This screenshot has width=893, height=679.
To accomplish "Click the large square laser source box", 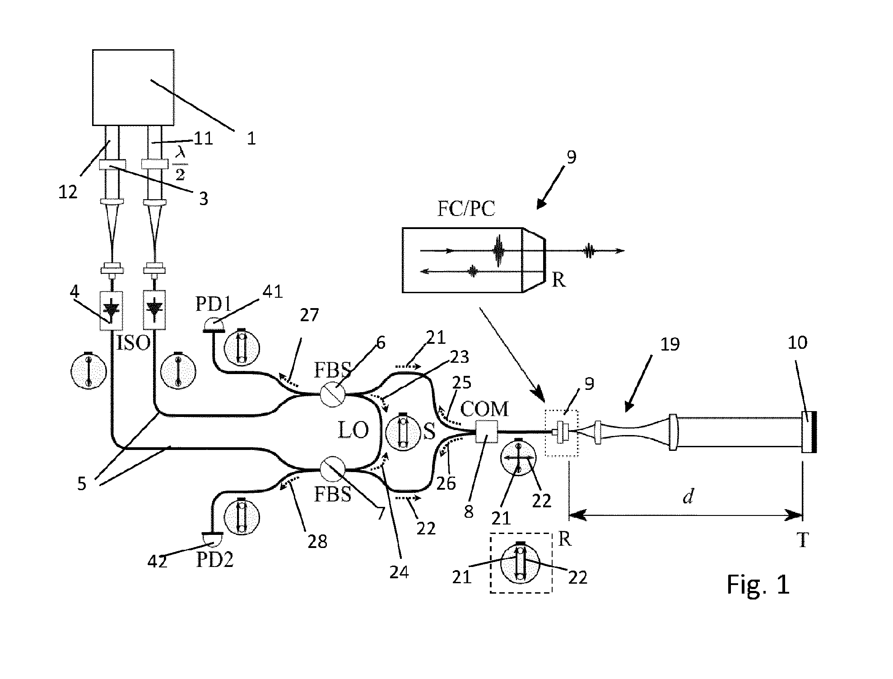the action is [x=133, y=87].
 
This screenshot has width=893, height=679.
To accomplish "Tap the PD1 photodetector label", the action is [x=213, y=304].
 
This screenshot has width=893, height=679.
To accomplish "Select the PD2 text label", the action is [x=214, y=560].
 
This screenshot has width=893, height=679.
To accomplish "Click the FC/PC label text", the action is [x=466, y=209].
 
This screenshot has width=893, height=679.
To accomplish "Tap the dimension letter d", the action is [x=688, y=497].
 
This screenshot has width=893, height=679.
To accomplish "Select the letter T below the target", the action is [x=802, y=540].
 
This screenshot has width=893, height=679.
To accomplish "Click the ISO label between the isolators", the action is [x=134, y=343].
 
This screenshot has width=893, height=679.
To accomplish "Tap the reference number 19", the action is [x=670, y=344].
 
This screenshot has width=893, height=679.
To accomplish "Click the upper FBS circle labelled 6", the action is [x=333, y=395].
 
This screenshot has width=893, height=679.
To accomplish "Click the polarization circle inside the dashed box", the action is [x=520, y=562].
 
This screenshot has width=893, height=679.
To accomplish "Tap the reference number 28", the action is [x=317, y=541].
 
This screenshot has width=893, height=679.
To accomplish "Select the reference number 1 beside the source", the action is [x=251, y=138].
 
